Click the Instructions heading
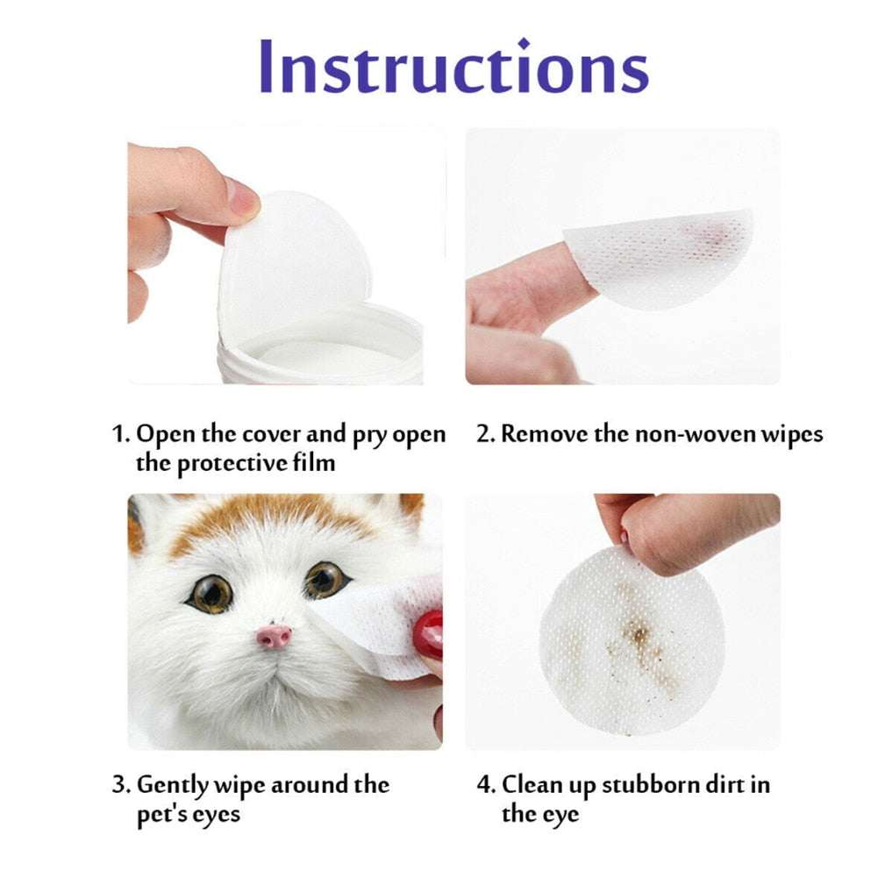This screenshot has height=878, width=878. click(x=453, y=68)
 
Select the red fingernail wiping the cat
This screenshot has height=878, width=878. click(x=428, y=634)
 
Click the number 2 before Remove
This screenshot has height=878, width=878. click(x=483, y=434)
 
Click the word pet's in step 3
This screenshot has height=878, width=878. click(x=161, y=814)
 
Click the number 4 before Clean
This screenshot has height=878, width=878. click(x=484, y=784)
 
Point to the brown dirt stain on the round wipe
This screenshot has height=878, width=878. click(x=638, y=640)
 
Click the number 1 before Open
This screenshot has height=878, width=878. click(x=119, y=434)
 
